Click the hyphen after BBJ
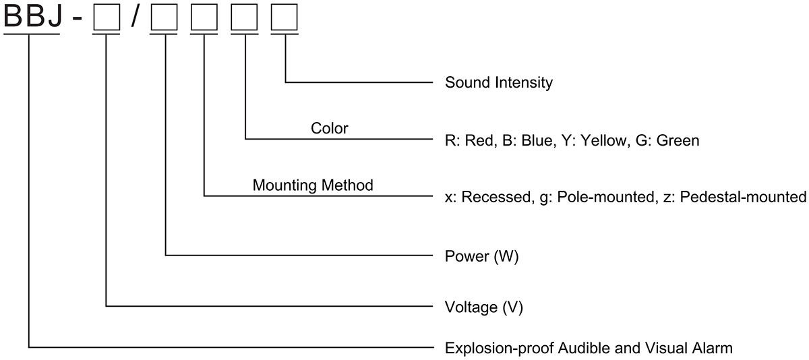pos(77,19)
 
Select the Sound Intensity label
pos(498,83)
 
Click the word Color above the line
pos(329,128)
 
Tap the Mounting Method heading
pos(313,185)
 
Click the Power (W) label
pos(481,257)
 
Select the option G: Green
pos(667,140)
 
